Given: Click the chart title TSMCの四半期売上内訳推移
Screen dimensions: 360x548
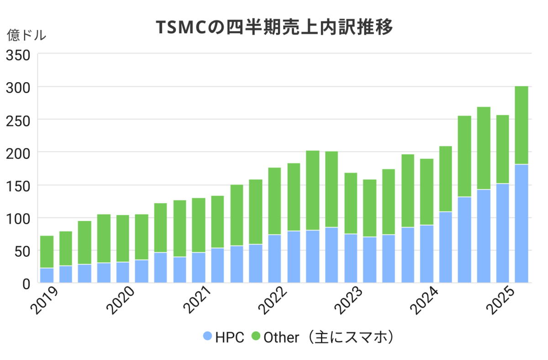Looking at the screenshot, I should (x=274, y=27).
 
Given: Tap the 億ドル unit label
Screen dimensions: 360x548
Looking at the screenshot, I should (x=26, y=35).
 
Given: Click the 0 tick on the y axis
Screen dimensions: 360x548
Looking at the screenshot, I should (x=26, y=284).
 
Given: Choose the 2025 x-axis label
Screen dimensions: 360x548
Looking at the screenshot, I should (x=501, y=301).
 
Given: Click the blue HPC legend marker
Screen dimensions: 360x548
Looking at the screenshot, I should (x=207, y=337).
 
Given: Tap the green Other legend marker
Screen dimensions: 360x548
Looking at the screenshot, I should (x=256, y=337).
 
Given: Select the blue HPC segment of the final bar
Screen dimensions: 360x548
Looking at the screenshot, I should (x=522, y=224).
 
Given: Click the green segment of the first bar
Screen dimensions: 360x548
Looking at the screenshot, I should (x=47, y=252).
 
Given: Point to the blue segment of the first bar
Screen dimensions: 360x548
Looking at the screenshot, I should (x=47, y=275).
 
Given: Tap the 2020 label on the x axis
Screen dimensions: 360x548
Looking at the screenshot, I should (x=121, y=301).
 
